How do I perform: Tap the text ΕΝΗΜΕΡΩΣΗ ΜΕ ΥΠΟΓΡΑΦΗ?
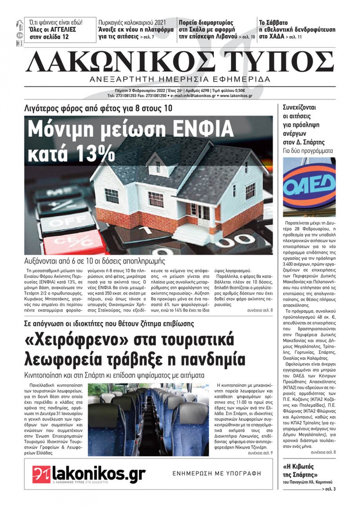(x=217, y=473)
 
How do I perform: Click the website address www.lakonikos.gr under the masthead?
(x=236, y=96)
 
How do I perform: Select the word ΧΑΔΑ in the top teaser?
(x=276, y=36)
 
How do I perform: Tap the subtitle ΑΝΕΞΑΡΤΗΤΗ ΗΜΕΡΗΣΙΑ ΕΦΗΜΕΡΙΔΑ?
(x=180, y=79)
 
